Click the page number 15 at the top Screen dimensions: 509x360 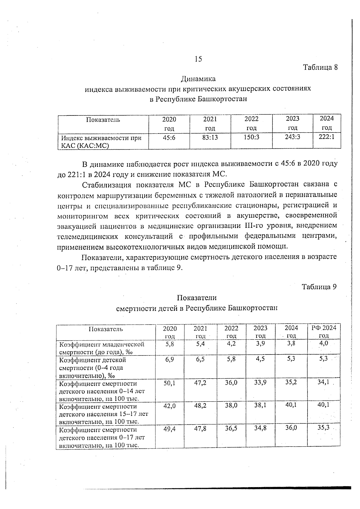(x=198, y=59)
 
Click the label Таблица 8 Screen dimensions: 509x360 (x=320, y=67)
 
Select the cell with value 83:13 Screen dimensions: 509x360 (x=210, y=137)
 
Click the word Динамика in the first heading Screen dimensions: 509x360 (x=198, y=79)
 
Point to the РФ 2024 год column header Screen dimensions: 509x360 (x=324, y=331)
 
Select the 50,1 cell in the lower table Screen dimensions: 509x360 (x=169, y=383)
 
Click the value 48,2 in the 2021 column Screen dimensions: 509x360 (x=200, y=406)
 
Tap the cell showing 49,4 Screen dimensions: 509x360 (x=169, y=429)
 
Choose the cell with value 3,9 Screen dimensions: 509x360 (x=260, y=344)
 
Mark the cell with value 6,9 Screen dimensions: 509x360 (x=169, y=359)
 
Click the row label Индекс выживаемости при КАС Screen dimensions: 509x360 (x=101, y=142)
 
